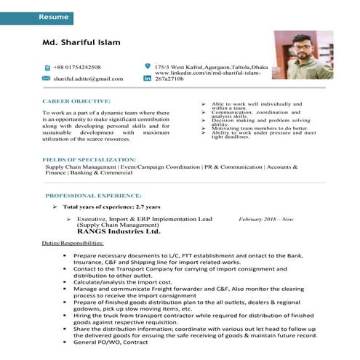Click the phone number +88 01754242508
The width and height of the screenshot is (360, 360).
(81, 67)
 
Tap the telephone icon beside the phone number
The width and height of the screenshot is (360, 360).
(47, 67)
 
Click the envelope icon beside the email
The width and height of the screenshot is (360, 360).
(47, 78)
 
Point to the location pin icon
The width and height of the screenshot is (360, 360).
(148, 66)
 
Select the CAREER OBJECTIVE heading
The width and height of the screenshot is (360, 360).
(76, 101)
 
